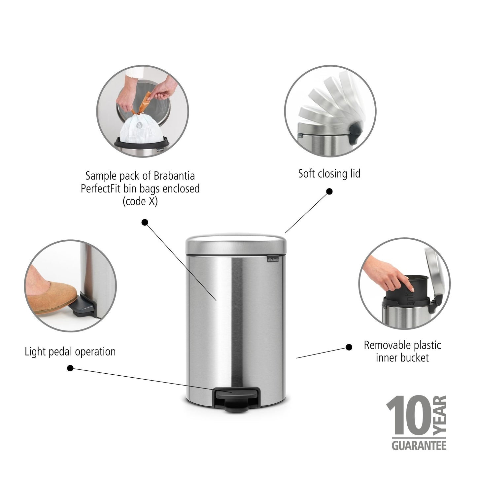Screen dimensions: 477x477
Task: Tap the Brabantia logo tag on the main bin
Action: click(273, 260)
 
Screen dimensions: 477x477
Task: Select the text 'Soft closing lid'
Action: click(329, 174)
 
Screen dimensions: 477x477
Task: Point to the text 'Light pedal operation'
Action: click(70, 352)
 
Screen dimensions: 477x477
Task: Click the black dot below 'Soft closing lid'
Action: click(329, 191)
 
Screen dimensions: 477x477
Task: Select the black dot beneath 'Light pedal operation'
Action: click(70, 368)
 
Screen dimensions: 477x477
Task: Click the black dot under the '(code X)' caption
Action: click(145, 222)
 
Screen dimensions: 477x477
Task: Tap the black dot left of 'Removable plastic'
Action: click(349, 347)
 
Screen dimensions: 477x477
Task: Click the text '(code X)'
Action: click(140, 201)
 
